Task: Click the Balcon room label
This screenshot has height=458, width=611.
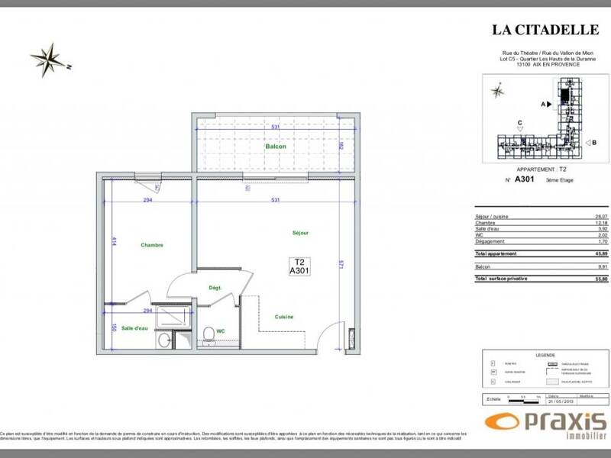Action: (x=276, y=147)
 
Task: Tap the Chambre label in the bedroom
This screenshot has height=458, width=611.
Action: (x=152, y=245)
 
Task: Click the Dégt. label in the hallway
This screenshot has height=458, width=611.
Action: (x=215, y=288)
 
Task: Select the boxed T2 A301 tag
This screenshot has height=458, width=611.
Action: (x=298, y=265)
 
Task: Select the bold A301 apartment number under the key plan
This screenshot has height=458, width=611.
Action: (x=525, y=180)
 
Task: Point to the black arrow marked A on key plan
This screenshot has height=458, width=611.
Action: (x=547, y=102)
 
